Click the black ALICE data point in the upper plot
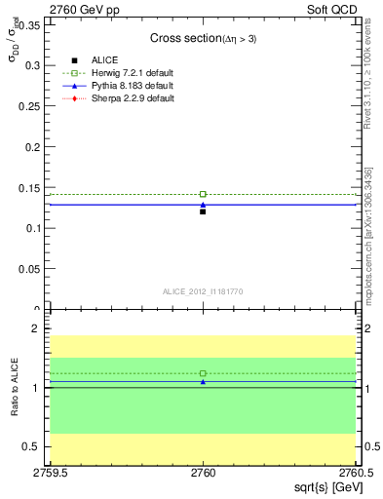tap(203, 211)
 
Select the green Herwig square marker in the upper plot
tap(203, 194)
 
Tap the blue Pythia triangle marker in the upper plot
tap(203, 205)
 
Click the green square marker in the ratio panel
tap(203, 373)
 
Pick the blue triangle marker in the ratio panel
tap(203, 381)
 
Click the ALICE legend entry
tap(104, 60)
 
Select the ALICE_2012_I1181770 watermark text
tap(203, 290)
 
